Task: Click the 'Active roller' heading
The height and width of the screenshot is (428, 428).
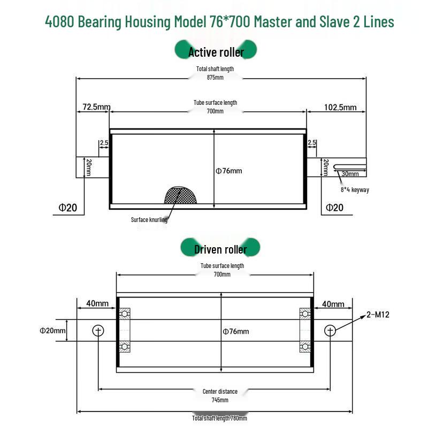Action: pos(216,52)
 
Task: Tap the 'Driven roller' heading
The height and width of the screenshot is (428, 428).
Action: pos(220,249)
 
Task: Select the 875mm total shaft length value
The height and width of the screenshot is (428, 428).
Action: pos(215,78)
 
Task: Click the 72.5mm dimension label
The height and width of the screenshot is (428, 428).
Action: pos(97,106)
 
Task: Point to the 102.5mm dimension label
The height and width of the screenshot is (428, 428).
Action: pos(340,108)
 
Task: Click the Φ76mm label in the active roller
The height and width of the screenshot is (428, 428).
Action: pos(229,171)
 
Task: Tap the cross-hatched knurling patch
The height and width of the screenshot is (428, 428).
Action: pos(180,195)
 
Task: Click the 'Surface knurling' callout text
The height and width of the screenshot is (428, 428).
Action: pos(149,220)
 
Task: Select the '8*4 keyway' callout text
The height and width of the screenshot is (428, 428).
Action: pos(355,190)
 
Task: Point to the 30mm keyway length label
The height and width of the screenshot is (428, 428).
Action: pos(350,173)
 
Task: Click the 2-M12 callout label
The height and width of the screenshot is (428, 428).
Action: pos(378,315)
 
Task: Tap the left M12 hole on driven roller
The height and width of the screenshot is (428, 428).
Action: pos(98,331)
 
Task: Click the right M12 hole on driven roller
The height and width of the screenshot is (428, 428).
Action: pos(330,331)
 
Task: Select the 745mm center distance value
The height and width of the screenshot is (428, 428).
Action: pos(220,400)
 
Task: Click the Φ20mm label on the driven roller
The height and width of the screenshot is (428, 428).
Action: pos(52,331)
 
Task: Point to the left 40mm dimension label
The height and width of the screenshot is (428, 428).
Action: pos(97,303)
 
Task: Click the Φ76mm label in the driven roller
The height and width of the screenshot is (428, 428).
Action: pos(236,331)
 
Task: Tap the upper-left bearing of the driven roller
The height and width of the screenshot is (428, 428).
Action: pos(125,314)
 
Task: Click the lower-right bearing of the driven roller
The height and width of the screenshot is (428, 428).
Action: pos(305,347)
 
